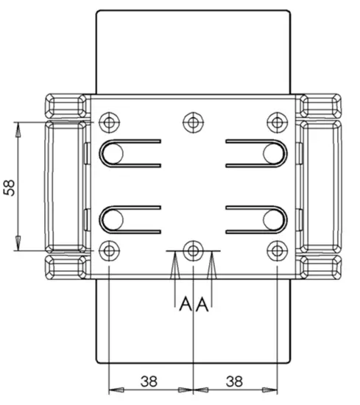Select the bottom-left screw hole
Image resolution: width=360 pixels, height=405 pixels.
click(x=110, y=251)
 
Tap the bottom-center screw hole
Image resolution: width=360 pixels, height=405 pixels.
click(x=193, y=251)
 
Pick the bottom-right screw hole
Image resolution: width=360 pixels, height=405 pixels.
click(x=276, y=251)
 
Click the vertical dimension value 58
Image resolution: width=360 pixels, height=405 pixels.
click(x=10, y=187)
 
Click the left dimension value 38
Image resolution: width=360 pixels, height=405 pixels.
click(x=149, y=381)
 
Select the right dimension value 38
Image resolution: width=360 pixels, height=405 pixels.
click(x=235, y=381)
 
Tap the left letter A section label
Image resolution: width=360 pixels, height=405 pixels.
click(x=184, y=303)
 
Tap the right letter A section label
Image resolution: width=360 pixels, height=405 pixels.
click(x=201, y=303)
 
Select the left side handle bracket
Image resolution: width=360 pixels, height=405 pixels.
click(x=66, y=186)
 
